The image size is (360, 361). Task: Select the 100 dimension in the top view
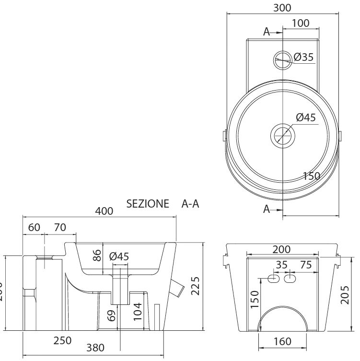(x=301, y=23)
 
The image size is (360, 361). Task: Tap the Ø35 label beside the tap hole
(x=304, y=57)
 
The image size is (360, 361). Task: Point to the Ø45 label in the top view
(x=306, y=117)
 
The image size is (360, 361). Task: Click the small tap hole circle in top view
(x=282, y=59)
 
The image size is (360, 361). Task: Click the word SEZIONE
(x=148, y=204)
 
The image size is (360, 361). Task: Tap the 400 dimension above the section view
(x=104, y=211)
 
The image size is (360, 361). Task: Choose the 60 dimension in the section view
(x=34, y=227)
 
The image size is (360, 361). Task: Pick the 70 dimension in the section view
(x=60, y=227)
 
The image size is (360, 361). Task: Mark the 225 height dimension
(x=195, y=286)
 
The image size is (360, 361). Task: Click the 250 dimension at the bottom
(x=63, y=340)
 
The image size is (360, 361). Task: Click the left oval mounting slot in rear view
(x=274, y=279)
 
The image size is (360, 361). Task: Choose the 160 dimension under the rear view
(x=283, y=341)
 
